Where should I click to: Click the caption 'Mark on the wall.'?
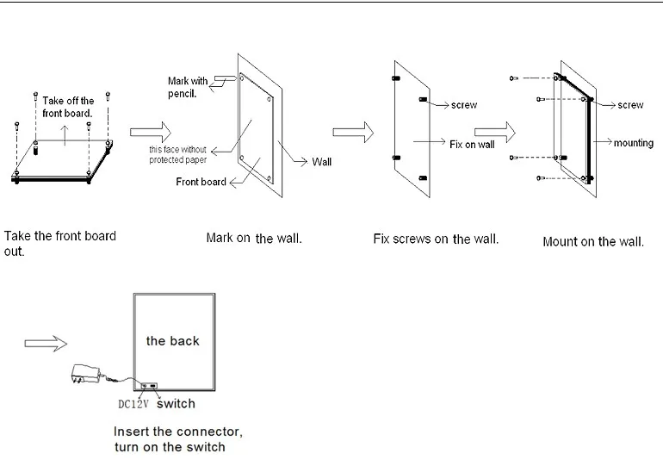tap(254, 238)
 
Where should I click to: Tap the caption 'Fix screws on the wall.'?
tap(436, 238)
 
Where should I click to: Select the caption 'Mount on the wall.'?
tap(593, 242)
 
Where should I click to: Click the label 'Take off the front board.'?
tap(69, 107)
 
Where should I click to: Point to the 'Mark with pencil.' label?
tap(188, 87)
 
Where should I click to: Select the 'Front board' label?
tap(201, 182)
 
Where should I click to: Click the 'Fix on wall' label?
tap(472, 145)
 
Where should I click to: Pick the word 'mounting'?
tap(634, 143)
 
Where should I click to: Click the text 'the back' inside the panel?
tap(172, 341)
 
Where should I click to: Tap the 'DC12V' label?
tap(134, 404)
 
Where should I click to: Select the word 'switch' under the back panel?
tap(176, 403)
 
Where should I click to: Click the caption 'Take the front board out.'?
tap(60, 243)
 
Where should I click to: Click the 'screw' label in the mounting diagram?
tap(630, 105)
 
